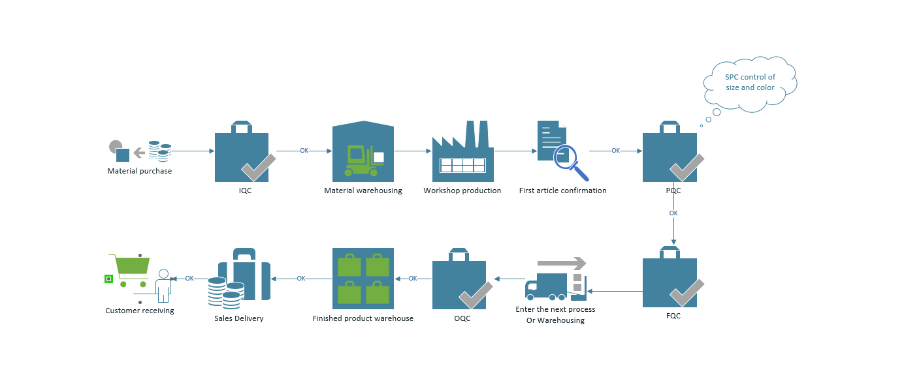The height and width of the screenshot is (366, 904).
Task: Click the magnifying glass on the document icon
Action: pyautogui.click(x=570, y=160)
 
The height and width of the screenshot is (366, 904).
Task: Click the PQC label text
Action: pyautogui.click(x=673, y=191)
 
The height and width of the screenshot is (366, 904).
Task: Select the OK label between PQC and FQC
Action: pyautogui.click(x=673, y=213)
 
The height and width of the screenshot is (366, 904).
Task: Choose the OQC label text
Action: pyautogui.click(x=462, y=318)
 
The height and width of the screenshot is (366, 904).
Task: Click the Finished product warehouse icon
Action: pyautogui.click(x=363, y=279)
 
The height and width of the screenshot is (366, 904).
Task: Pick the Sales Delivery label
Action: pyautogui.click(x=239, y=318)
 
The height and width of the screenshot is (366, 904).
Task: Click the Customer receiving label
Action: pyautogui.click(x=140, y=311)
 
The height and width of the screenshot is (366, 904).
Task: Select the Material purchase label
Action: pyautogui.click(x=140, y=171)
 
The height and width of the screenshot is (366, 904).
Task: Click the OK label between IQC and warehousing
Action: pyautogui.click(x=304, y=151)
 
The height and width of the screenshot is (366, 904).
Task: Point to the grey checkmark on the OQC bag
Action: pyautogui.click(x=476, y=296)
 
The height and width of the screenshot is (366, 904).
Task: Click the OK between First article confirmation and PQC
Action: pyautogui.click(x=615, y=151)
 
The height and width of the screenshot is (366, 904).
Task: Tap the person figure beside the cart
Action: pyautogui.click(x=163, y=286)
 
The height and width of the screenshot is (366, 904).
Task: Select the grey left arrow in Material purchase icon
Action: pyautogui.click(x=139, y=153)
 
